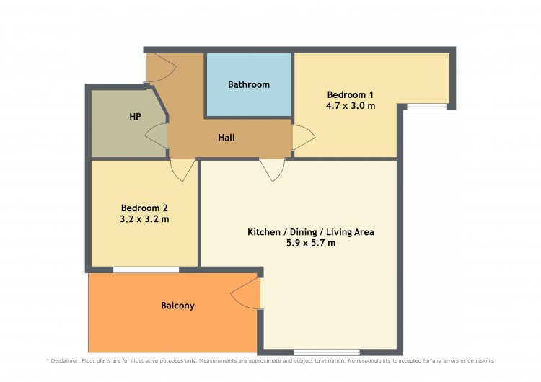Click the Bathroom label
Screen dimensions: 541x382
pyautogui.click(x=249, y=84)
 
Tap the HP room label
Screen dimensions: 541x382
pyautogui.click(x=136, y=117)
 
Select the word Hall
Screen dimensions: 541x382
pyautogui.click(x=226, y=138)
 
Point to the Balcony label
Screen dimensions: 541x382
pyautogui.click(x=177, y=306)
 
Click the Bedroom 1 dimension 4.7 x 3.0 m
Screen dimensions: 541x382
pyautogui.click(x=351, y=105)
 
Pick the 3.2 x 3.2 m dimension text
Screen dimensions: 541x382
pyautogui.click(x=144, y=219)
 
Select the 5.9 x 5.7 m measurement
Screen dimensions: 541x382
pyautogui.click(x=311, y=243)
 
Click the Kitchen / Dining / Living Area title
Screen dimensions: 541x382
pyautogui.click(x=311, y=232)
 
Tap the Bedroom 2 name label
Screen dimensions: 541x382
pyautogui.click(x=144, y=208)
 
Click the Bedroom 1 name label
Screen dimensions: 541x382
pyautogui.click(x=351, y=94)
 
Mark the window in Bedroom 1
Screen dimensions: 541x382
pyautogui.click(x=427, y=107)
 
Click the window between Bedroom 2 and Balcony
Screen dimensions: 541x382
pyautogui.click(x=146, y=270)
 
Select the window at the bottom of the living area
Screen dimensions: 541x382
pyautogui.click(x=327, y=352)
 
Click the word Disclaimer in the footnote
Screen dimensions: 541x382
pyautogui.click(x=65, y=361)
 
